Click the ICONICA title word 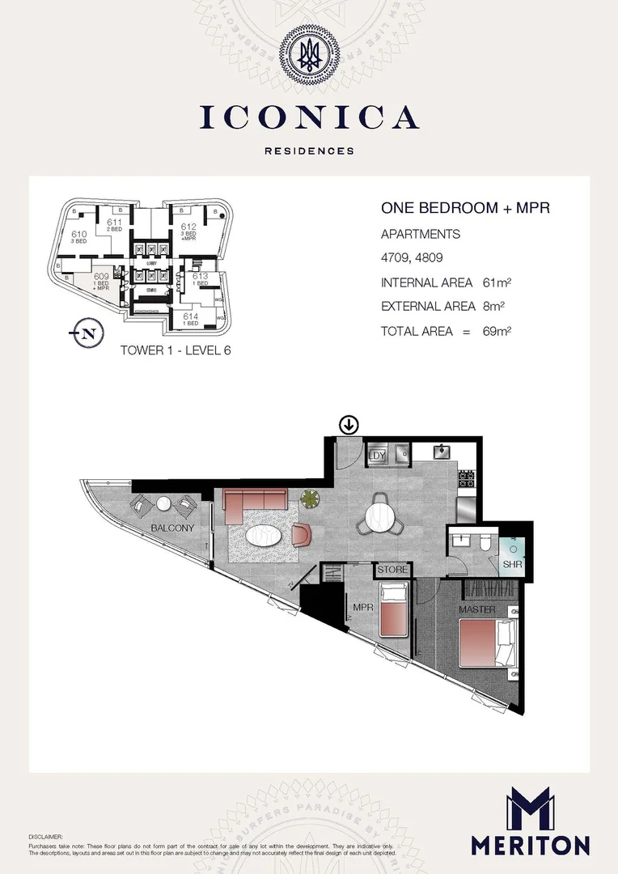coord(309,118)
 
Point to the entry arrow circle coord(349,424)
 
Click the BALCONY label coord(173,528)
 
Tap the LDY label coord(376,456)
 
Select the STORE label coord(393,570)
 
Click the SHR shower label coord(511,564)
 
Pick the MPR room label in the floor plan coord(361,605)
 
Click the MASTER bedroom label coord(476,609)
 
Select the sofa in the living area coord(254,504)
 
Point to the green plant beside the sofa coord(310,499)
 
